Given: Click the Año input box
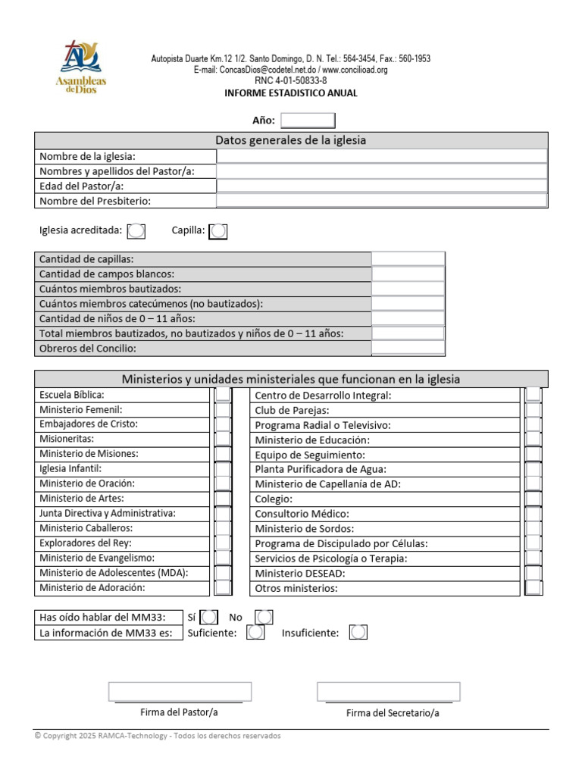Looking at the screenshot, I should point(308,120).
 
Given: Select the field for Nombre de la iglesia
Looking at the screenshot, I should point(382,156).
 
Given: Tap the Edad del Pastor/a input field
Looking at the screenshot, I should point(382,186).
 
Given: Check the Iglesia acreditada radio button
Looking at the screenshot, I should point(136,230).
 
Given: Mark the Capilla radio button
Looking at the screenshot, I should point(217,230).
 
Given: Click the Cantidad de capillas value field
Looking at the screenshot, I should point(408,259).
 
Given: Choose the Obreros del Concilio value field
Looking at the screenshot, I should point(408,349).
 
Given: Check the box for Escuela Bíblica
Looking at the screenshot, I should point(223,395).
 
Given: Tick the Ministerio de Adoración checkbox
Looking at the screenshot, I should point(223,587).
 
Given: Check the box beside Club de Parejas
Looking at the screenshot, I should point(533,410).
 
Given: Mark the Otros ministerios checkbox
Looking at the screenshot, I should point(533,588).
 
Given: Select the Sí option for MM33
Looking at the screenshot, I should point(209,618).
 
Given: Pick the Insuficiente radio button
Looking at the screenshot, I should point(358,632).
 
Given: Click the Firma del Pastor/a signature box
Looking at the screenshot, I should point(180,691).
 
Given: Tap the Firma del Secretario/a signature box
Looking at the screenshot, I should point(389,691).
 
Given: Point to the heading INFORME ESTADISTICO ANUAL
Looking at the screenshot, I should point(291,93).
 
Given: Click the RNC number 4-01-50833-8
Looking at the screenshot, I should point(291,80).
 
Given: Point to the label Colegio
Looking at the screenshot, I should point(274,499).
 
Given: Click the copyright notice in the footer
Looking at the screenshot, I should point(158,736).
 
